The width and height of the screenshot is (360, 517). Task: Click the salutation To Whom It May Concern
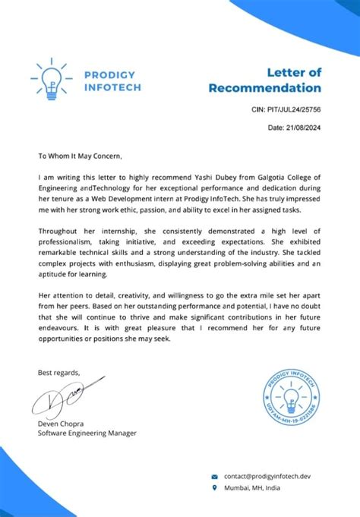pyautogui.click(x=80, y=156)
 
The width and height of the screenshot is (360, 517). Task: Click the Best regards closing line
pyautogui.click(x=59, y=372)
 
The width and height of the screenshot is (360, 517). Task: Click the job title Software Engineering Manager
pyautogui.click(x=87, y=433)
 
